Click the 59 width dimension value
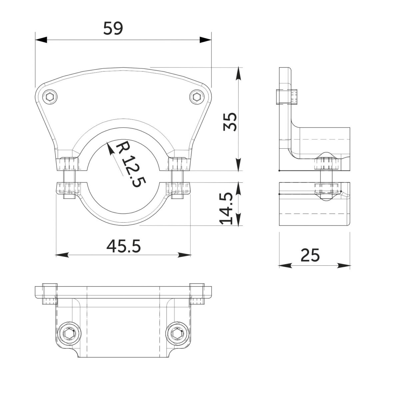click(x=113, y=28)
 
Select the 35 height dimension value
click(x=230, y=122)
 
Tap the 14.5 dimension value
click(x=226, y=208)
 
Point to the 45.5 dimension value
click(x=124, y=246)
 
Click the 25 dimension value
click(x=310, y=255)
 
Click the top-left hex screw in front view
click(x=50, y=97)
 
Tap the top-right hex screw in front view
click(x=197, y=97)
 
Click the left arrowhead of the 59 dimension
click(x=41, y=40)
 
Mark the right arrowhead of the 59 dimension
click(x=206, y=40)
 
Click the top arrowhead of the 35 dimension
click(x=239, y=73)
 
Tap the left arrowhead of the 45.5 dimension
click(x=62, y=255)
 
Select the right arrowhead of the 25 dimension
click(x=344, y=265)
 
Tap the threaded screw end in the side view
click(x=287, y=97)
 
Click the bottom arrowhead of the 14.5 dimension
click(x=239, y=220)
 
